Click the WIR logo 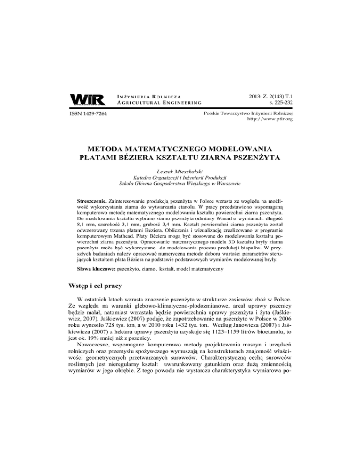coord(85,100)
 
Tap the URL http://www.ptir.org coord(266,120)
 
